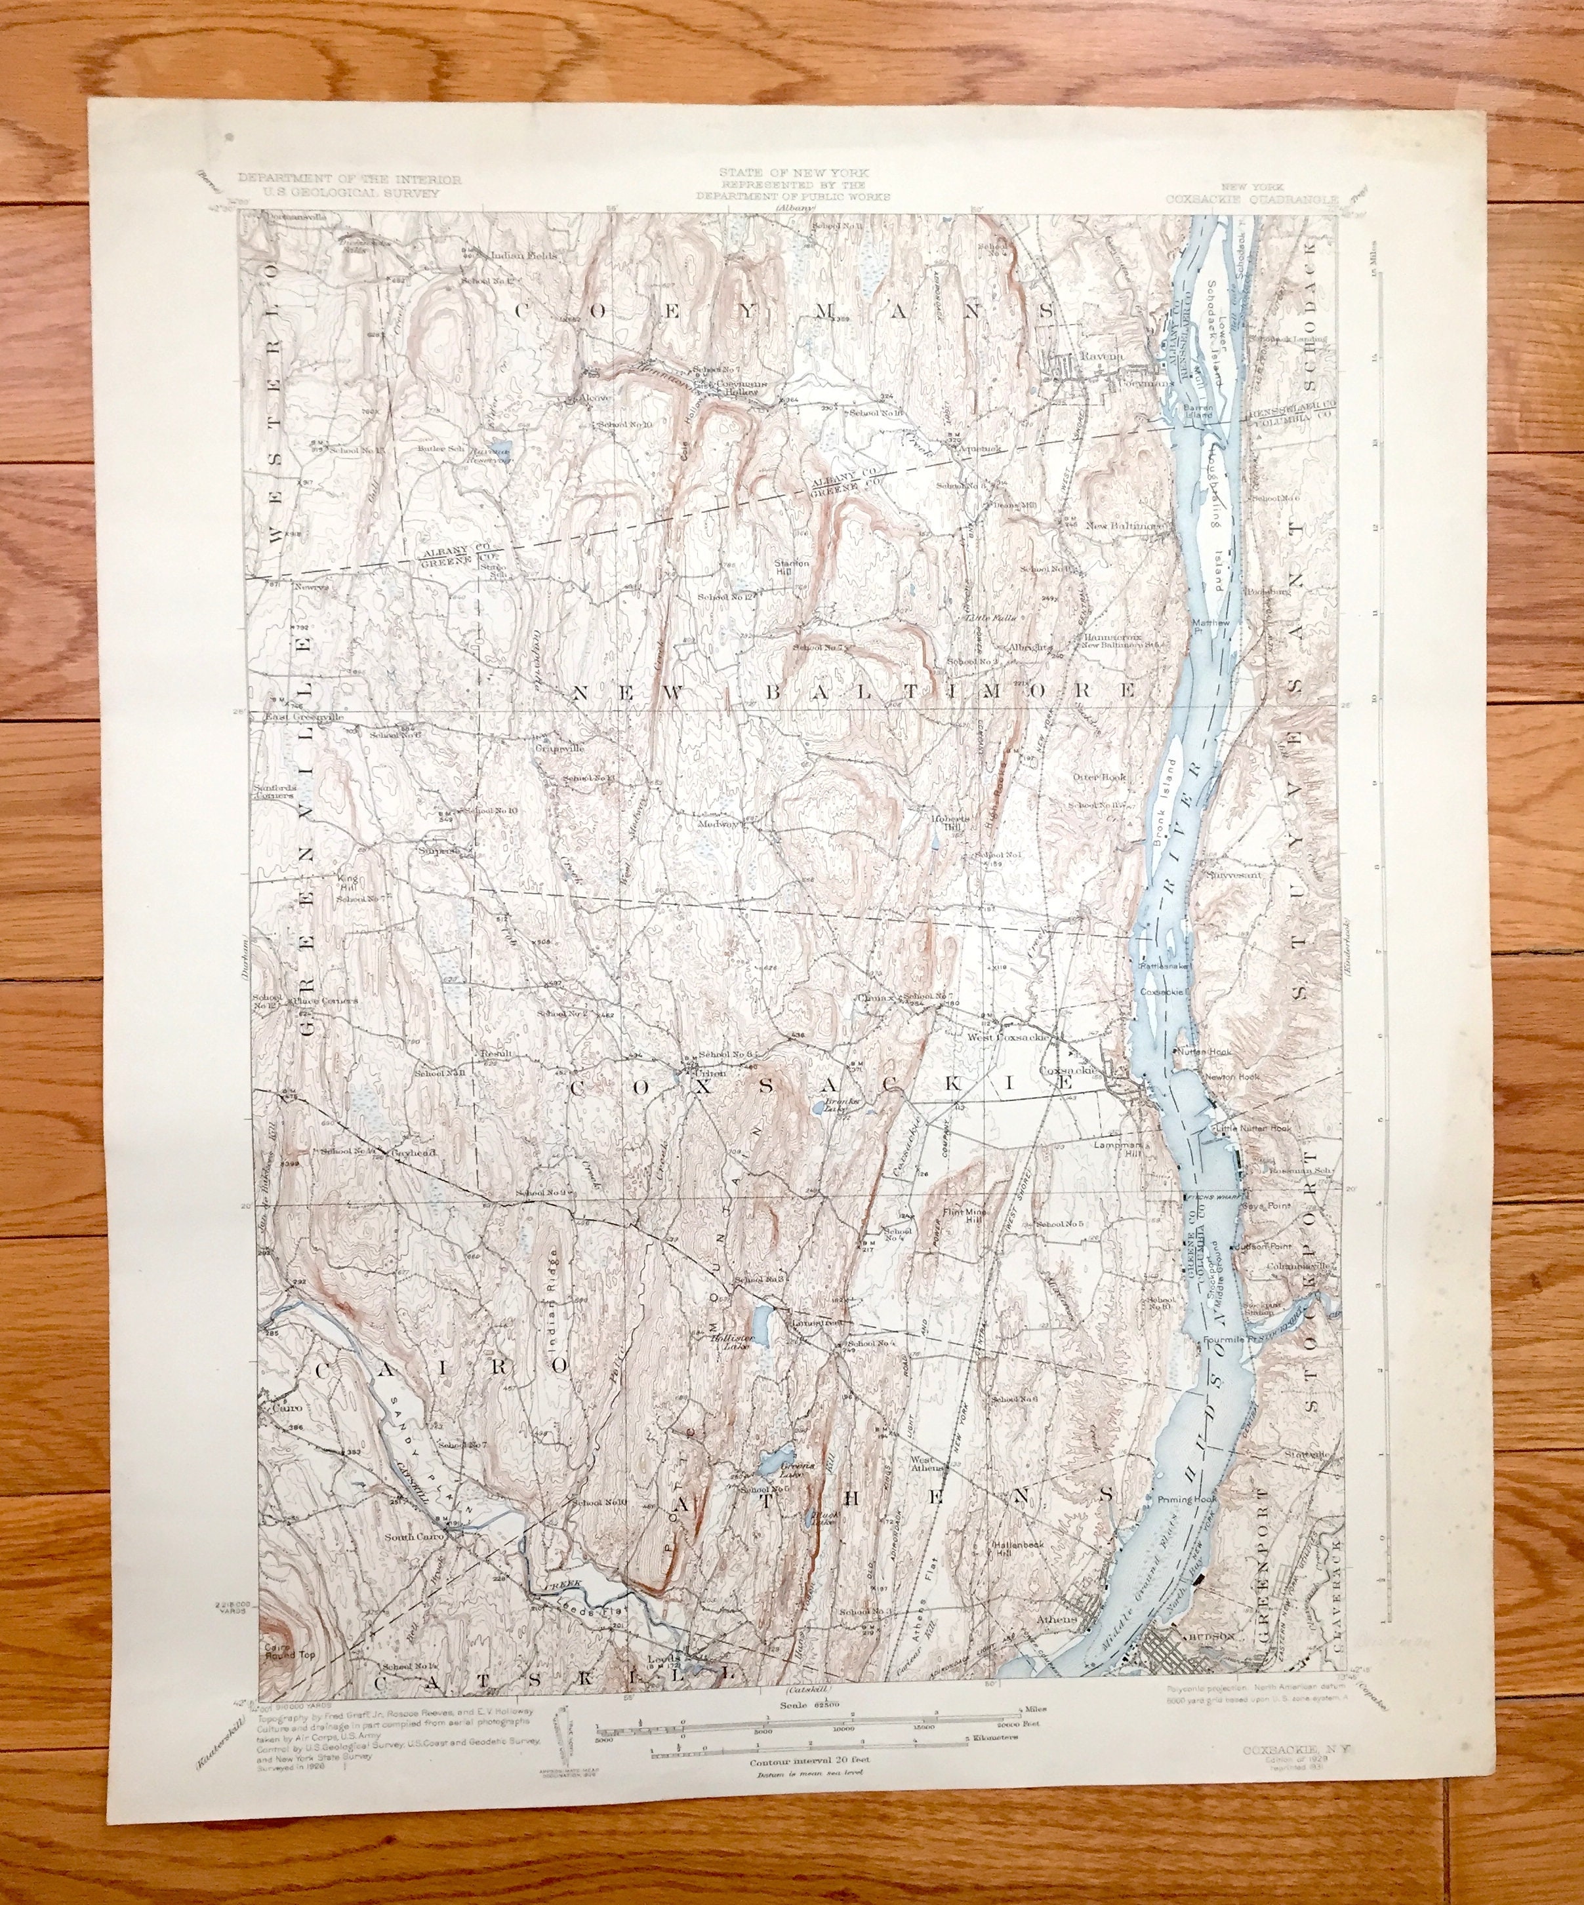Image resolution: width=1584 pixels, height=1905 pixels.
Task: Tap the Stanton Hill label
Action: click(791, 567)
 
